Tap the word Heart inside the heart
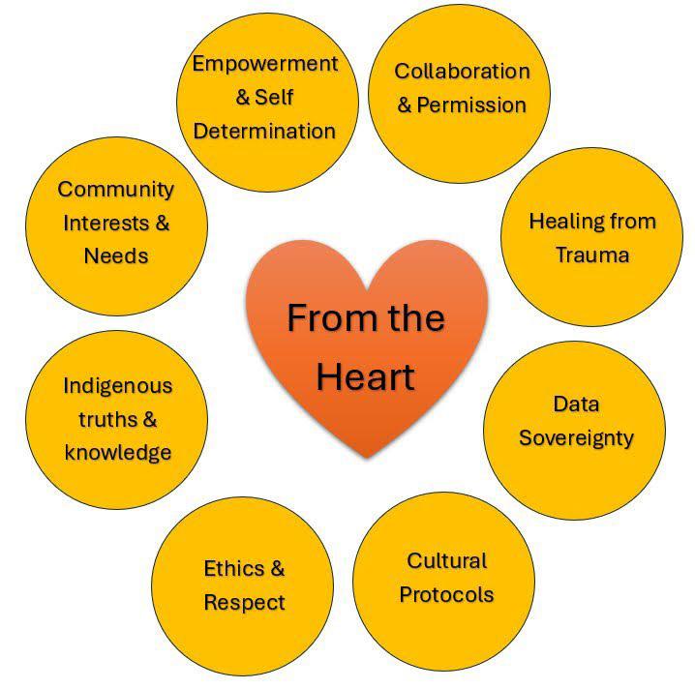coord(365,375)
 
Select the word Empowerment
coord(264,64)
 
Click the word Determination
coord(264,131)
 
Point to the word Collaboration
coord(462,72)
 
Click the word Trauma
coord(592,255)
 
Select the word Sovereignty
coord(576,437)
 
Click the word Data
coord(576,404)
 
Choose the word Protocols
coord(446,594)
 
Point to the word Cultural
coord(446,561)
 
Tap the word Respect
coord(244,602)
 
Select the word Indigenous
coord(117,385)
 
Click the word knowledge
coord(118,452)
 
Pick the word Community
coord(116,189)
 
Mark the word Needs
coord(116,255)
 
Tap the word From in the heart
coord(319,317)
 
